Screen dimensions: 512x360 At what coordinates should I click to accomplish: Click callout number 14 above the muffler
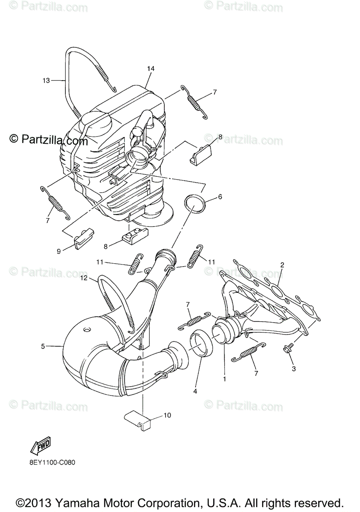tap(150, 69)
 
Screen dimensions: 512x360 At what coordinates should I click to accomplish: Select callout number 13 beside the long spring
tap(46, 80)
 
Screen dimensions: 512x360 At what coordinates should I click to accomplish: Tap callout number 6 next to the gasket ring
tap(220, 197)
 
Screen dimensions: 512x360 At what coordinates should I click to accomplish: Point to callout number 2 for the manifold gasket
tap(282, 265)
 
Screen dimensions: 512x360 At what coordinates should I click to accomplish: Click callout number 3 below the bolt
tap(293, 368)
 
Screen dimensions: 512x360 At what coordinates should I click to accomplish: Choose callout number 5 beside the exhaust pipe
tap(43, 346)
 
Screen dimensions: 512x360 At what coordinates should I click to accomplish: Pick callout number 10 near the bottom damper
tap(167, 415)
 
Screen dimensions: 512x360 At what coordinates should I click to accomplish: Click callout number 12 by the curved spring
tap(84, 278)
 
